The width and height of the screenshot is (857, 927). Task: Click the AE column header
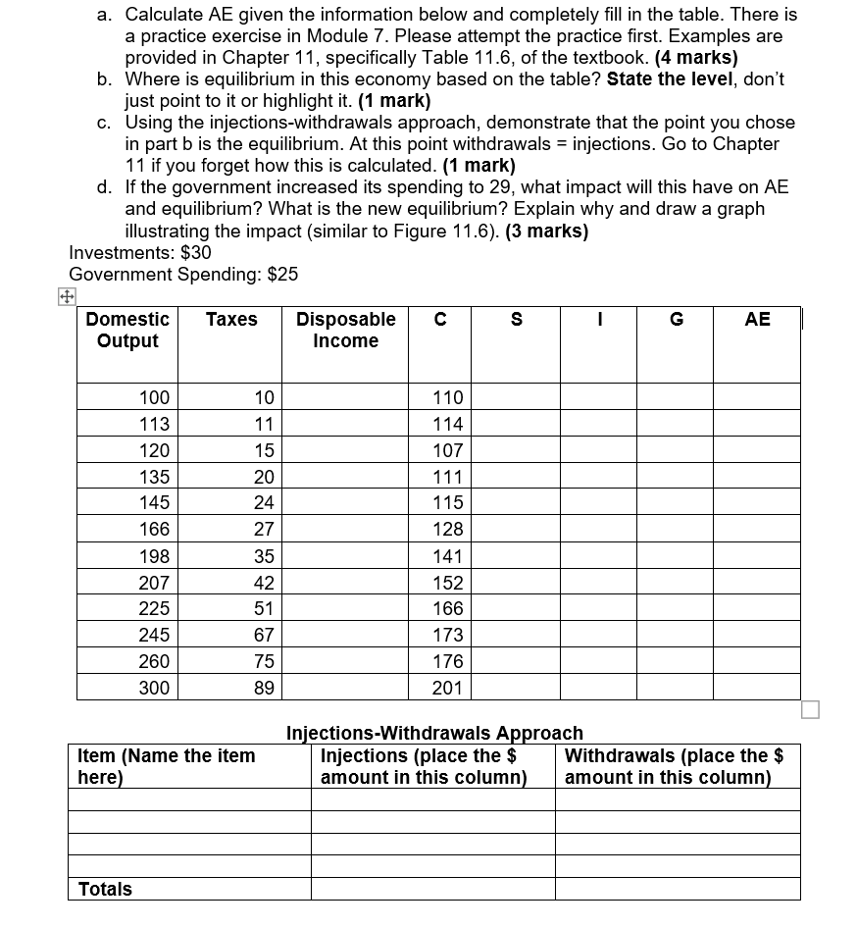point(757,319)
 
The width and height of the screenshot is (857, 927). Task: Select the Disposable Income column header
point(345,330)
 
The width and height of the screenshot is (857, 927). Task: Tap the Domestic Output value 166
point(154,530)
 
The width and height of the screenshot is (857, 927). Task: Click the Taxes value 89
point(264,688)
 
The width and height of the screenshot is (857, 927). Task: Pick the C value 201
point(447,688)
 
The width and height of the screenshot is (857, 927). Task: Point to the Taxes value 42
point(264,583)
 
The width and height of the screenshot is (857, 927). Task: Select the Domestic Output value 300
point(154,688)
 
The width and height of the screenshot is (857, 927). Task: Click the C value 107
point(447,450)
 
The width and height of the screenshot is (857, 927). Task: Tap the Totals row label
point(105,889)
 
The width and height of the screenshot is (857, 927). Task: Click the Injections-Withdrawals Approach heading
point(434,733)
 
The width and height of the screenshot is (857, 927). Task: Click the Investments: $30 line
point(140,253)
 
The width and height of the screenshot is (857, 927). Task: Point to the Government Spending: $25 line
point(183,275)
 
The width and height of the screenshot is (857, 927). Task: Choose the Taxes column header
point(231,319)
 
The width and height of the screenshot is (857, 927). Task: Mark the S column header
point(517,319)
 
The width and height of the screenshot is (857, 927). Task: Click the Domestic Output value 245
point(154,635)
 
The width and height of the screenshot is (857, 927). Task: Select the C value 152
point(447,583)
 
